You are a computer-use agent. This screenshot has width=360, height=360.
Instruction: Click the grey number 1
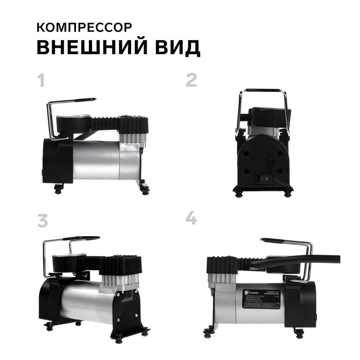pyautogui.click(x=41, y=81)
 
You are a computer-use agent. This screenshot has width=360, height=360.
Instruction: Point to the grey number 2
pyautogui.click(x=191, y=80)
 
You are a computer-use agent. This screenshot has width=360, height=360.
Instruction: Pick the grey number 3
pyautogui.click(x=42, y=220)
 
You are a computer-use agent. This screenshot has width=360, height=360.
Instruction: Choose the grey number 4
pyautogui.click(x=191, y=218)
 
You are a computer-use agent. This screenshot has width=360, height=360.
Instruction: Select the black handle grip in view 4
pyautogui.click(x=280, y=241)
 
